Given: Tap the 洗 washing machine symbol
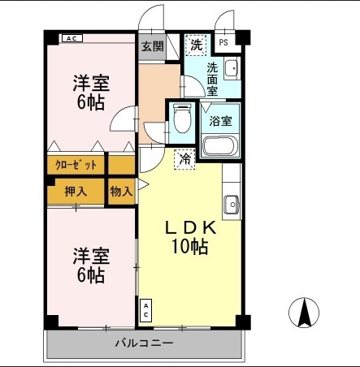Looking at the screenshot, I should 196,45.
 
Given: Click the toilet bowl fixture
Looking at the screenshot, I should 182,120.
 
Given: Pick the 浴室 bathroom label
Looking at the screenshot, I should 220,122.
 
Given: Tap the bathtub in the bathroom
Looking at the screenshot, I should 219,146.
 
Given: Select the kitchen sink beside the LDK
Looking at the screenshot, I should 231,205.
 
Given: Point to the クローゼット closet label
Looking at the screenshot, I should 76,164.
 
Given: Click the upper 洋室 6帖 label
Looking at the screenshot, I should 90,93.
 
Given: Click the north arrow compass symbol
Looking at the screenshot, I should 305,313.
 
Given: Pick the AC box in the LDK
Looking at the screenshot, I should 145,309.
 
